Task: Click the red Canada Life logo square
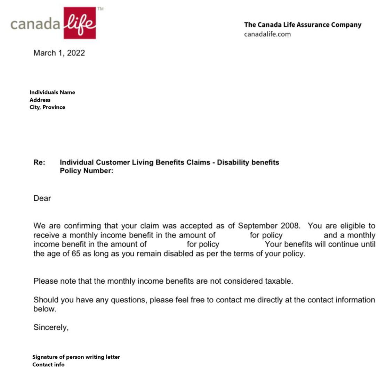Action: [x=79, y=23]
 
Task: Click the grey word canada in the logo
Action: [x=35, y=24]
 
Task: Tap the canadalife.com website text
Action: [x=267, y=34]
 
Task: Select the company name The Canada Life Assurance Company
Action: [x=303, y=25]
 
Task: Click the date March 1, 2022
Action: [x=59, y=53]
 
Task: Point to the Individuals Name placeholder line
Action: [x=52, y=92]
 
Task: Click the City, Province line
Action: [x=47, y=107]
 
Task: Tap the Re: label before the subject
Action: [x=39, y=162]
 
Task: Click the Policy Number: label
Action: [x=86, y=171]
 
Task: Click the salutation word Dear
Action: [x=42, y=198]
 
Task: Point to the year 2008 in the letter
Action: [x=290, y=226]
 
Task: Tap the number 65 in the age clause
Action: [x=76, y=254]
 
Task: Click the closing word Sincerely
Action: [x=51, y=327]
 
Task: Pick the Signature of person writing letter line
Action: [x=76, y=357]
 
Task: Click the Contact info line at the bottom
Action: [x=48, y=365]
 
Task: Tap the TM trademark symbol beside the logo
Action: [x=100, y=9]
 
